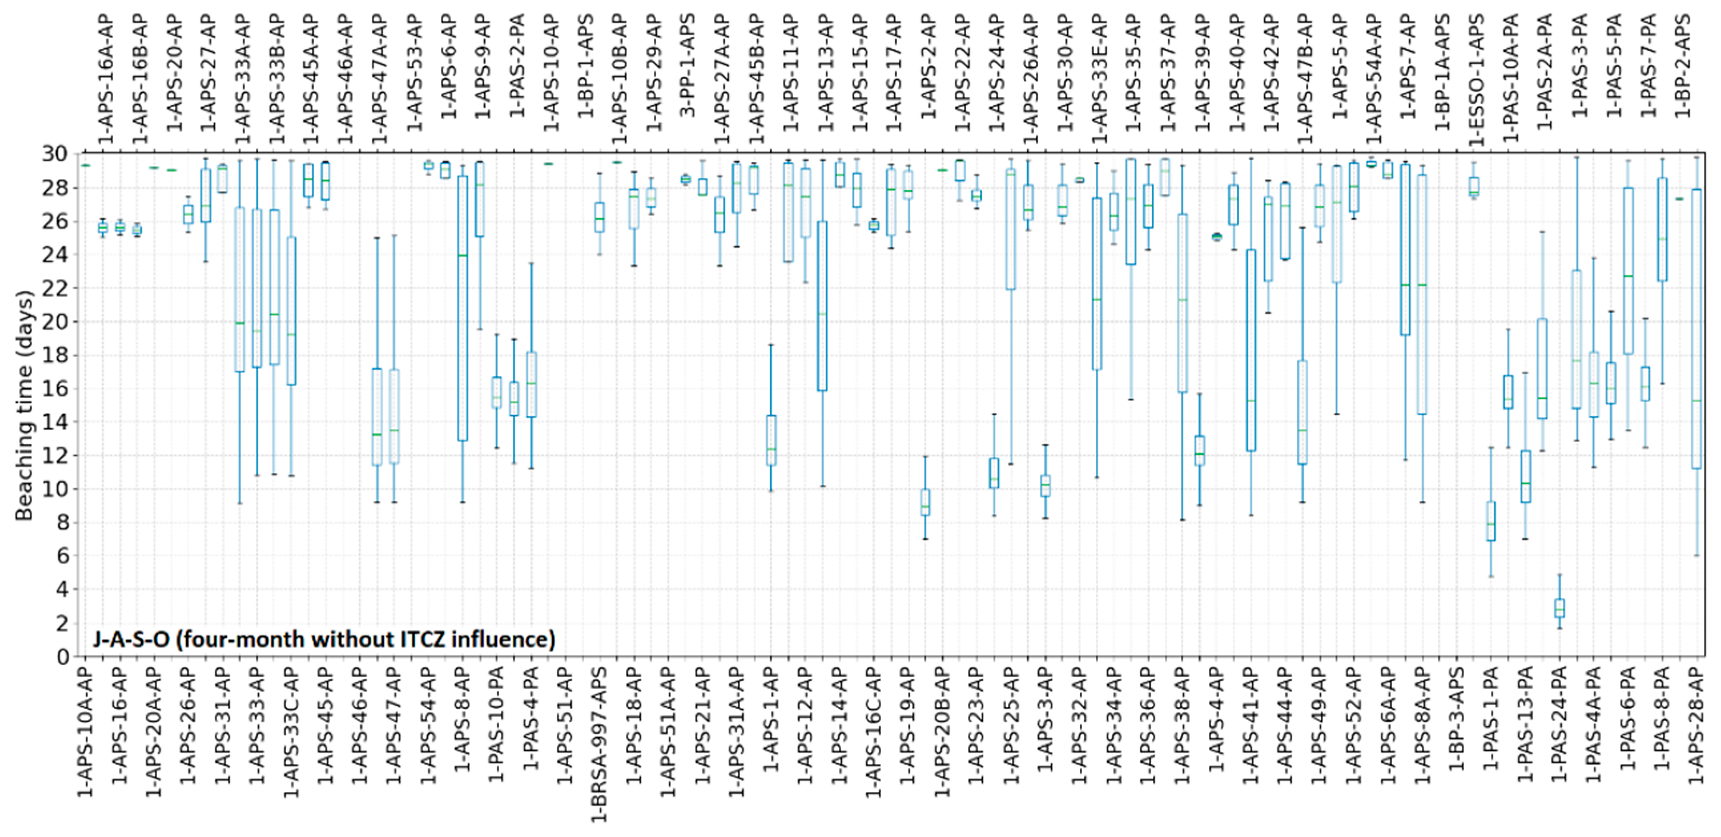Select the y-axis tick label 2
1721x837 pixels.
(x=63, y=623)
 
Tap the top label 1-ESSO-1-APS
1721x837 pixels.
(x=1476, y=80)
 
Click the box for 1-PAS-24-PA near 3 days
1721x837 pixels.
(x=1560, y=608)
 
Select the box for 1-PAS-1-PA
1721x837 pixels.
(x=1490, y=521)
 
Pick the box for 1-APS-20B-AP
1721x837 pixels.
(x=925, y=502)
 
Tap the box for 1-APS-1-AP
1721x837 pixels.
(x=771, y=440)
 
